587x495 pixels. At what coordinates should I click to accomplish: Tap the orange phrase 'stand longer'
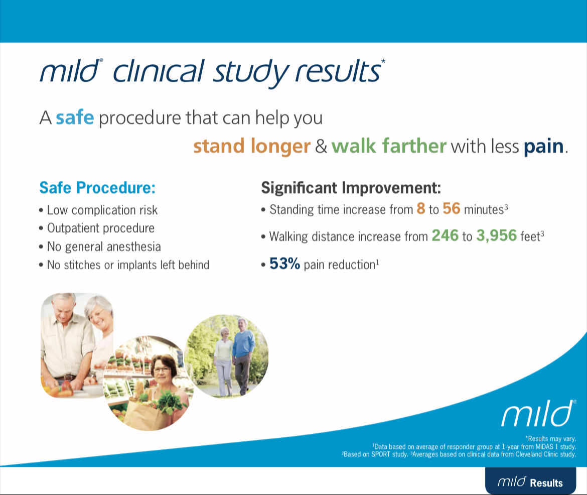coord(251,146)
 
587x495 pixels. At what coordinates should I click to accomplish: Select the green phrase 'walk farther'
coord(388,146)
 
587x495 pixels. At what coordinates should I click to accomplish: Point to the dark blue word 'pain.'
coord(546,147)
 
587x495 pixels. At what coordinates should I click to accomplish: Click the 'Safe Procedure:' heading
coord(97,188)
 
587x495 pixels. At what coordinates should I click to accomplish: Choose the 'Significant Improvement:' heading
coord(351,188)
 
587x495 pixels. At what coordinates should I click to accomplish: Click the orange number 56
coord(451,209)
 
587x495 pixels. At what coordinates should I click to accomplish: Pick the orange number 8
coord(421,209)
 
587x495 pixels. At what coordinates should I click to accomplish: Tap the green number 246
coord(445,235)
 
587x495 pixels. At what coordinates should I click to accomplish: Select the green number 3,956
coord(497,235)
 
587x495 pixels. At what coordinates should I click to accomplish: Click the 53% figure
coord(284,264)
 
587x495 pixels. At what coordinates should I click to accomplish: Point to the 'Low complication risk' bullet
coord(102,210)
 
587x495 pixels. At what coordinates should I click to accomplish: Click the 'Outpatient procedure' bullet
coord(100,228)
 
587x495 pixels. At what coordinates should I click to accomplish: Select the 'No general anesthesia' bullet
coord(104,246)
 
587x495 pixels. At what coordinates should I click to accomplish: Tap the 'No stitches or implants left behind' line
coord(128,265)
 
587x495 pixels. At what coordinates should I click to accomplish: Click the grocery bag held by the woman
coord(140,409)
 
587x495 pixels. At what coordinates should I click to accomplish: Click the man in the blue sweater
coord(243,351)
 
